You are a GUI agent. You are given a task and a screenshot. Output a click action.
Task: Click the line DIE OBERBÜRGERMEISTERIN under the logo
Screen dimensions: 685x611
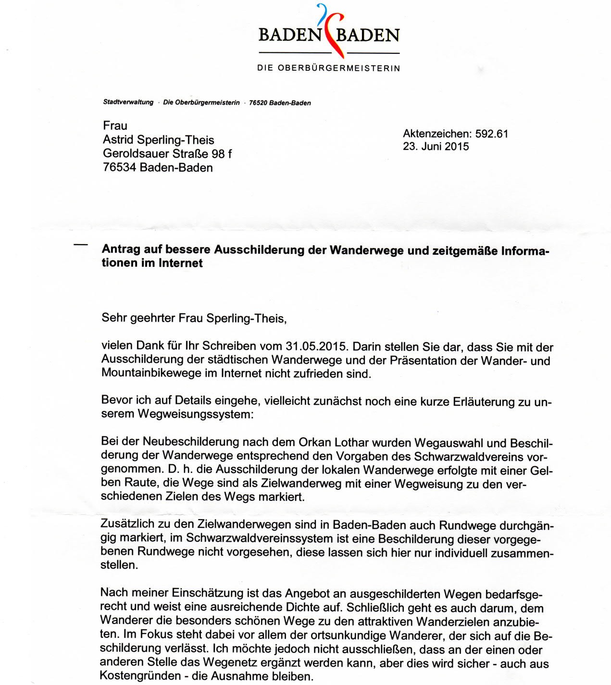click(x=329, y=68)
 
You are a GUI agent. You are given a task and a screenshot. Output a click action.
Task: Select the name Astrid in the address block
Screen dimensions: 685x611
click(x=119, y=140)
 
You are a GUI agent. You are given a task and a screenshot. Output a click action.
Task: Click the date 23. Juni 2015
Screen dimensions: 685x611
click(x=436, y=147)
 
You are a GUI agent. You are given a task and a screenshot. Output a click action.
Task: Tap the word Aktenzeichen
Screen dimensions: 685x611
click(x=436, y=134)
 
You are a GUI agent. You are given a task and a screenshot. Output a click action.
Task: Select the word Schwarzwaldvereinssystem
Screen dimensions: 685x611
click(x=259, y=538)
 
